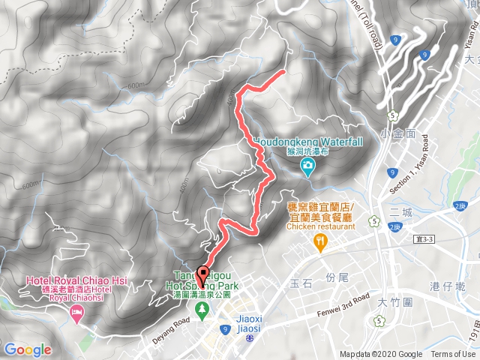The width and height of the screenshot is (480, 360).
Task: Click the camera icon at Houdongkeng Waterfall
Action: pos(307,170)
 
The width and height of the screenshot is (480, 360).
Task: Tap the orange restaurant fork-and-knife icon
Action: pos(320,241)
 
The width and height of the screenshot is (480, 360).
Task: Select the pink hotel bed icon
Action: pos(76,311)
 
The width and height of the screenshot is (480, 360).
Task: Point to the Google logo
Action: pos(28,349)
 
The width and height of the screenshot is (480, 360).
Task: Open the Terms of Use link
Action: pos(453,355)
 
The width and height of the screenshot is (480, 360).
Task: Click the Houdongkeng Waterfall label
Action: pos(307,141)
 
